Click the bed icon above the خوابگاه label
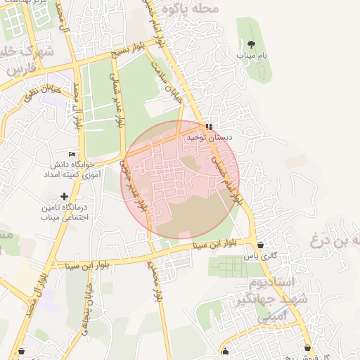pos(72,154)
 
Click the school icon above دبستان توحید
pos(208,127)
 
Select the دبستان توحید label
pos(205,139)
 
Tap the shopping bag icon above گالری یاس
pos(262,245)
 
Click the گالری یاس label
pos(257,257)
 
